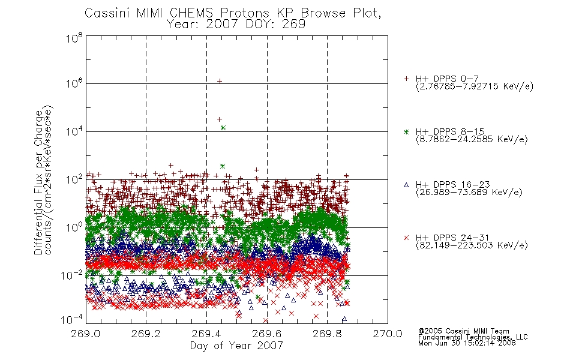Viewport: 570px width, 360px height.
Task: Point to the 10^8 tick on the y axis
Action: (x=74, y=37)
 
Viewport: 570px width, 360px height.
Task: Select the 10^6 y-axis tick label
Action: (x=74, y=83)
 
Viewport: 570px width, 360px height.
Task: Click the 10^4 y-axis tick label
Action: (x=74, y=131)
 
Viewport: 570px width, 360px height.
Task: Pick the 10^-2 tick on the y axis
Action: (x=72, y=275)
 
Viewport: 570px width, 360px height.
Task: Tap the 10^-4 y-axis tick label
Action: (x=72, y=319)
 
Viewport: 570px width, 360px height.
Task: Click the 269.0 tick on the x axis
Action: (x=85, y=334)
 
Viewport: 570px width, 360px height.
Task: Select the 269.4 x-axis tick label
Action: (x=206, y=334)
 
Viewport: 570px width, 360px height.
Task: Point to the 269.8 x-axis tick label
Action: (x=327, y=334)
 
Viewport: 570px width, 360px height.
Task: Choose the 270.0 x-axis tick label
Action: (x=388, y=334)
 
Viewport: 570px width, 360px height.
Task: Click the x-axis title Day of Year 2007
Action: (x=236, y=346)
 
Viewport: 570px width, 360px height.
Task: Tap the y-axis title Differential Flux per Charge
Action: (x=38, y=182)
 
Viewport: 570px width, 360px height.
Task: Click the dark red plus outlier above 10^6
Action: (x=220, y=81)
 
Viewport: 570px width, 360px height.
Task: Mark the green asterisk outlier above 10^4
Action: (x=223, y=128)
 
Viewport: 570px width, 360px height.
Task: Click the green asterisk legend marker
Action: (x=406, y=131)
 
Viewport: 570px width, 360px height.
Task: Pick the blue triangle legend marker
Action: (x=406, y=185)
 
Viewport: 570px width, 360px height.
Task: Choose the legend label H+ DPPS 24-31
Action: (x=452, y=238)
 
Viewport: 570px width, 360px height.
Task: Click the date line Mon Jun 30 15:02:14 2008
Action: (x=467, y=343)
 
